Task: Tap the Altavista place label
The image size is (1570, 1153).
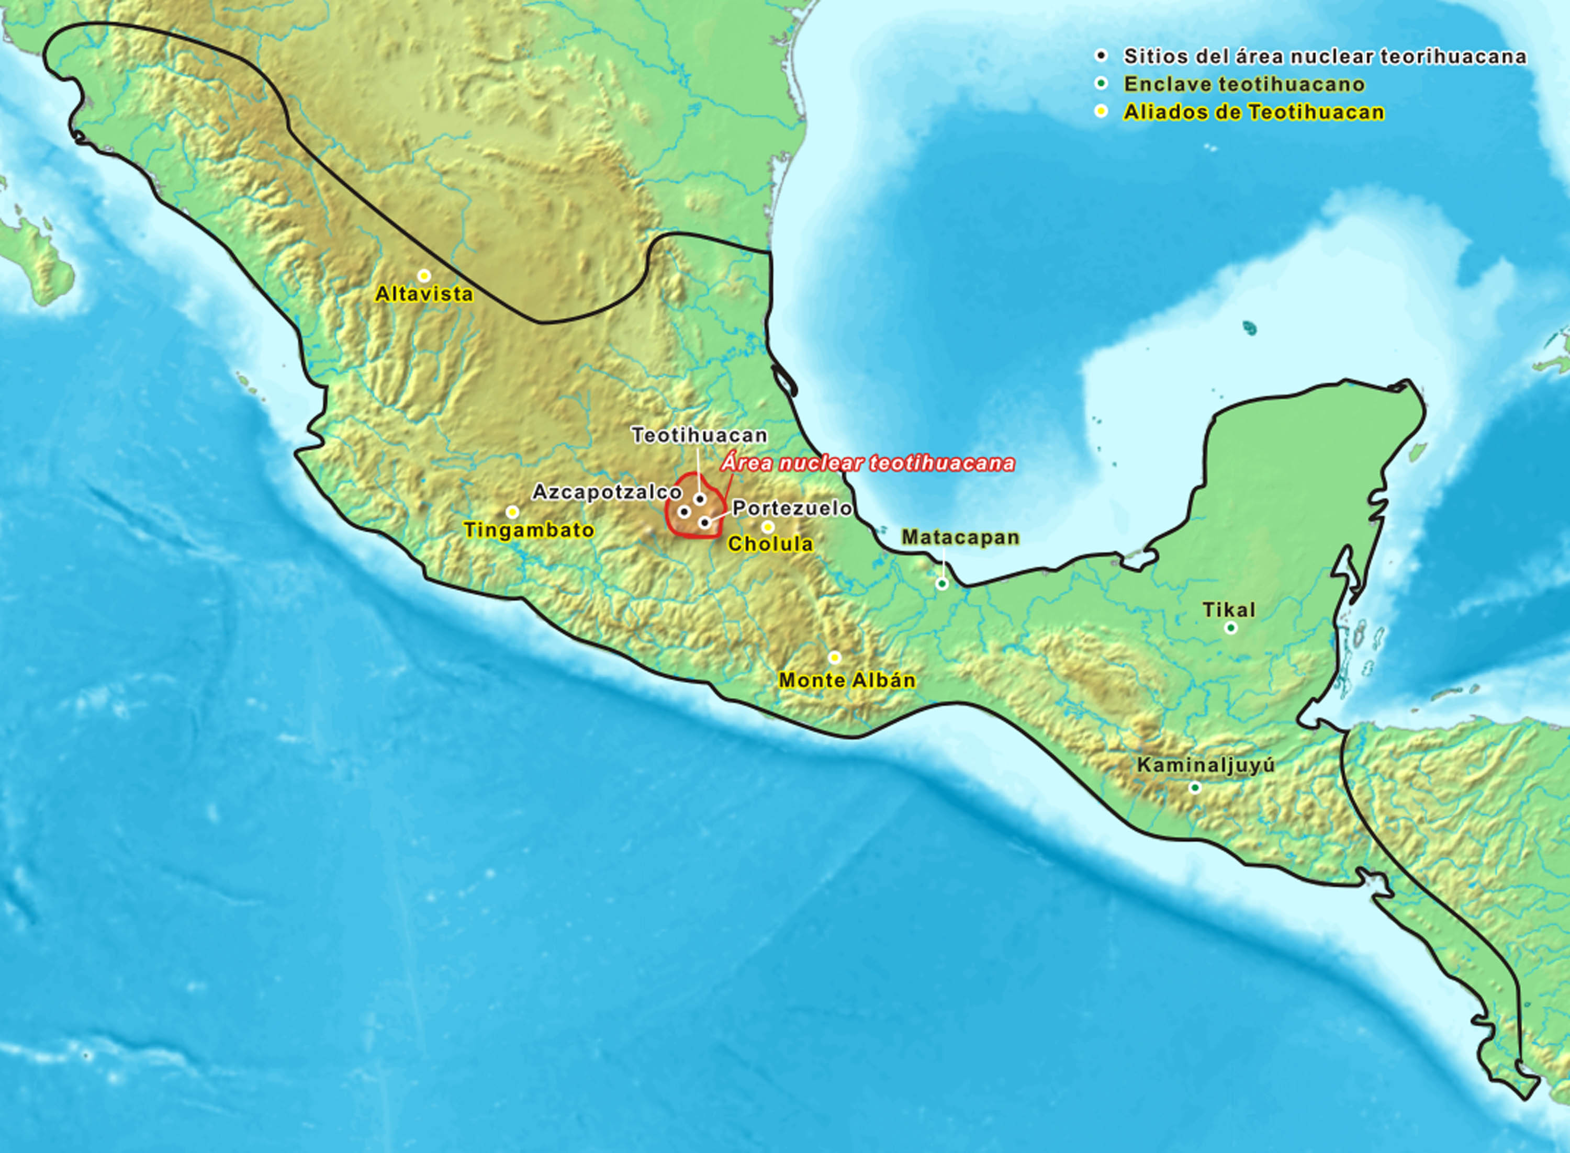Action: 424,295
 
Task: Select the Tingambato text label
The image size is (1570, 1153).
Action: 529,530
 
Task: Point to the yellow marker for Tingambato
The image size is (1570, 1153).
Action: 512,512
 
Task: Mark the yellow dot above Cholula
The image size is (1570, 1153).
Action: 768,526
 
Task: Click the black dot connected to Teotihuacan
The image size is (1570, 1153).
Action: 700,499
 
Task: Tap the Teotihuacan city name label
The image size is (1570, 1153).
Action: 700,436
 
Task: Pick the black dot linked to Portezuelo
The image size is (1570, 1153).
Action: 705,522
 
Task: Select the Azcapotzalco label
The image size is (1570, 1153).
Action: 607,492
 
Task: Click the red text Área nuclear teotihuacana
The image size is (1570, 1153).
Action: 868,464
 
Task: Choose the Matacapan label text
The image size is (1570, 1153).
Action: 960,537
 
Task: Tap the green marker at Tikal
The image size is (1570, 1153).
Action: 1231,628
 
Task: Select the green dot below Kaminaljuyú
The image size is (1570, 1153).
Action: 1195,788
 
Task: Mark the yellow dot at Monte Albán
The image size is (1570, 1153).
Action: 834,658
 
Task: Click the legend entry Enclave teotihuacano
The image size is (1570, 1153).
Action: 1244,84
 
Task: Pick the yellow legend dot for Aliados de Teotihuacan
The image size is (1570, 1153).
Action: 1102,111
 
